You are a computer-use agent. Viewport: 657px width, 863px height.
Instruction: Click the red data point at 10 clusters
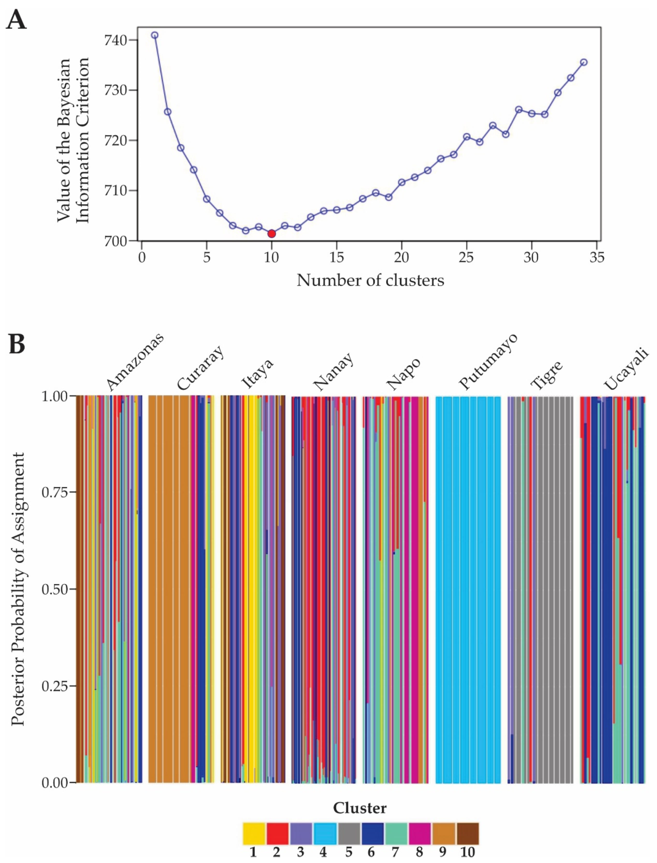[x=271, y=234]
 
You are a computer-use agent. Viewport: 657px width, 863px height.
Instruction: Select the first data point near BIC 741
[x=155, y=35]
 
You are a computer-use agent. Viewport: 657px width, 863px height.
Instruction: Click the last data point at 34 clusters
[x=583, y=62]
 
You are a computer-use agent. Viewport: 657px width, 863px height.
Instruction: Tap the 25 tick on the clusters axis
[x=466, y=257]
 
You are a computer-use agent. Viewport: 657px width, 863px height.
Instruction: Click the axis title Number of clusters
[x=370, y=280]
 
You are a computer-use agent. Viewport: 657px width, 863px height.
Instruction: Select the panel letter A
[x=16, y=20]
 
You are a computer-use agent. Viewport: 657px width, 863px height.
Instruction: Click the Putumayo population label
[x=488, y=361]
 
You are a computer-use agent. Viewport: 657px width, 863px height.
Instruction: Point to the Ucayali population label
[x=626, y=368]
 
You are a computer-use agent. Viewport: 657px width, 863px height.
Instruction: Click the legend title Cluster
[x=359, y=808]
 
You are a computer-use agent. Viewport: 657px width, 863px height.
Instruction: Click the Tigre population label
[x=547, y=374]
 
